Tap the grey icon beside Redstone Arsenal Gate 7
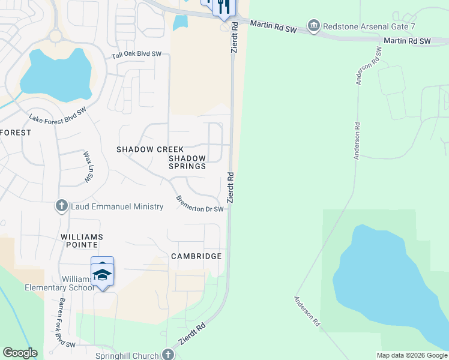(313, 26)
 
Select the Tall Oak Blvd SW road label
(136, 55)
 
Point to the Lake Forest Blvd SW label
(58, 116)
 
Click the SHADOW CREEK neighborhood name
(150, 149)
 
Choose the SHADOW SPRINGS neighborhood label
(187, 162)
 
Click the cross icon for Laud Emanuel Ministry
(61, 206)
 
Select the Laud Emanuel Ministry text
(117, 206)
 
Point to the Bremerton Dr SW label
(199, 204)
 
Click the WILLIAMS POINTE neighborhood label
(82, 238)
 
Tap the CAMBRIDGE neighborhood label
(196, 256)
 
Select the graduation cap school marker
(102, 275)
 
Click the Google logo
(20, 353)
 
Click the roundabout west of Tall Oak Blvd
(55, 36)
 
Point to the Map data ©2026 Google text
(411, 355)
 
